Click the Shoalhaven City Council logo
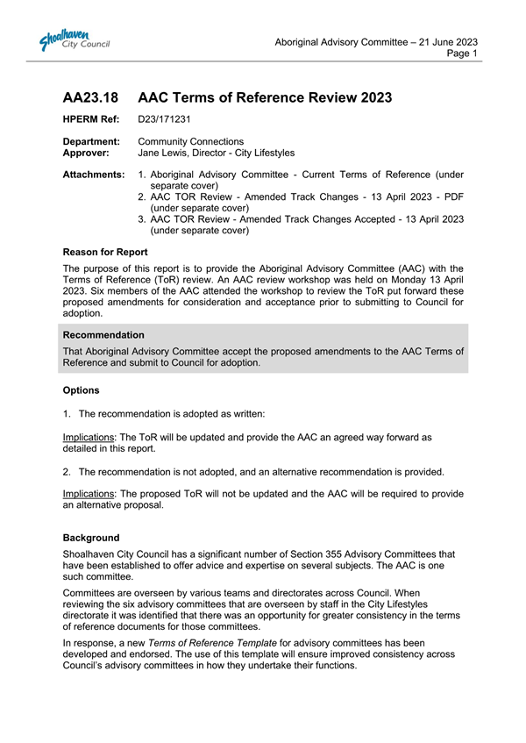(x=74, y=40)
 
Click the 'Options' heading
(x=82, y=389)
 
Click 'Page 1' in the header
(x=462, y=54)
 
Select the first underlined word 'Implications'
(x=89, y=436)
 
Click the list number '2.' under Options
(x=69, y=472)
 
